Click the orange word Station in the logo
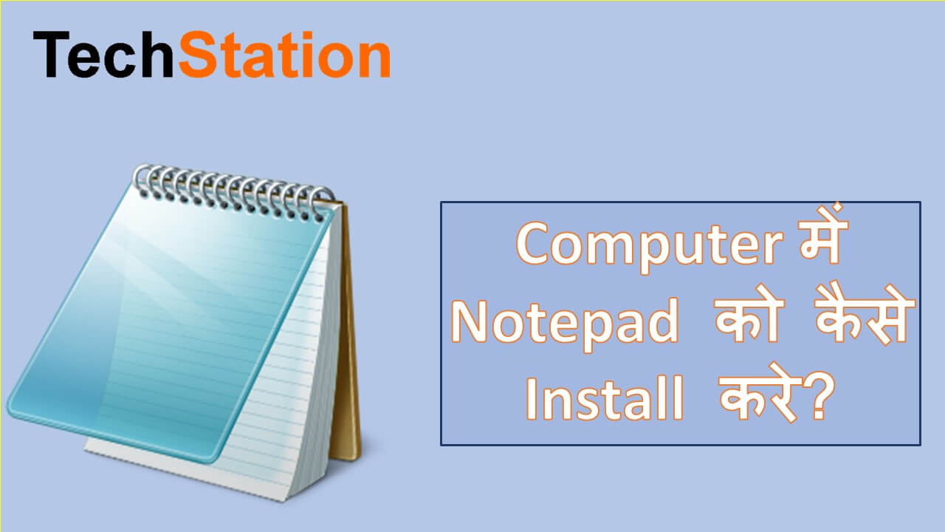(x=284, y=56)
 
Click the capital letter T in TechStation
(x=50, y=56)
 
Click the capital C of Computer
(x=537, y=246)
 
